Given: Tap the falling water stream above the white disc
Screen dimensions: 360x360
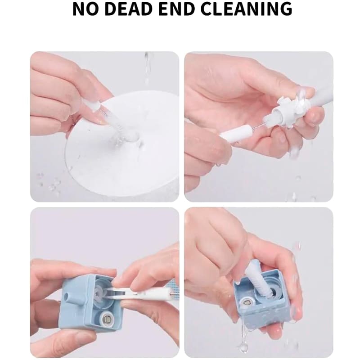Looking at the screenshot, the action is click(148, 69).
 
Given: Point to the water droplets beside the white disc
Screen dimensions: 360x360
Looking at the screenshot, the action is click(49, 184).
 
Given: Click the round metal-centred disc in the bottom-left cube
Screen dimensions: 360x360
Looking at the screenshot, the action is click(106, 318).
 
